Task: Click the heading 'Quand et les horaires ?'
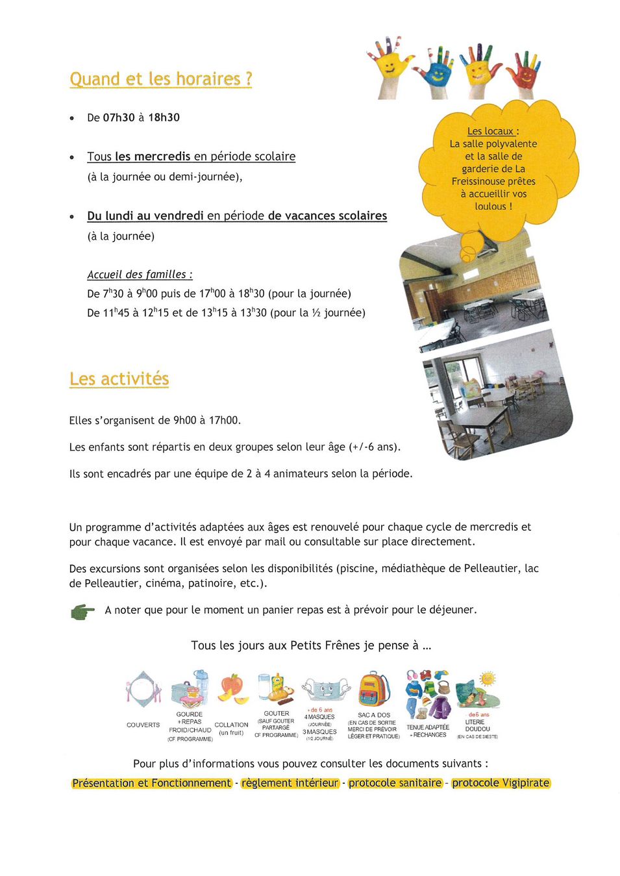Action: (x=160, y=79)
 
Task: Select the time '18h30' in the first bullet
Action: (x=164, y=118)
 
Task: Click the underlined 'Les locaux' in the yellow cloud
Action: (x=490, y=131)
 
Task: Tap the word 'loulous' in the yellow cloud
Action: (x=490, y=206)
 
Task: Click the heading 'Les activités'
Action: (x=119, y=379)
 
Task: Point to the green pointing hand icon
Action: (x=82, y=611)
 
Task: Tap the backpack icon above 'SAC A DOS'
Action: (x=374, y=690)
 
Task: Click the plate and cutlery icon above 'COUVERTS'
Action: (x=143, y=689)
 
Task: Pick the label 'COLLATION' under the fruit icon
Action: (x=231, y=725)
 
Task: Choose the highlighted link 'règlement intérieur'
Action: (x=290, y=783)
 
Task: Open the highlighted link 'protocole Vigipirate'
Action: (x=501, y=783)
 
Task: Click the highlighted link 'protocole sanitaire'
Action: (x=395, y=783)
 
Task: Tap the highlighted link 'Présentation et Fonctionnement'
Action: (x=151, y=783)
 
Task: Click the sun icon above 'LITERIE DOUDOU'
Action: (x=487, y=680)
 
